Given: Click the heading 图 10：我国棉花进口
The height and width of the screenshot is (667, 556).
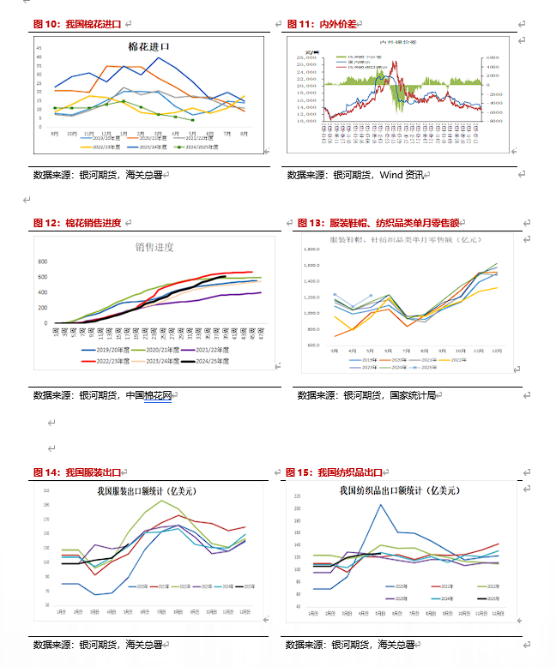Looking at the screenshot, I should tap(76, 24).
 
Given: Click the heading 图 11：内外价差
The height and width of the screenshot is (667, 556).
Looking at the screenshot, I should tap(321, 24).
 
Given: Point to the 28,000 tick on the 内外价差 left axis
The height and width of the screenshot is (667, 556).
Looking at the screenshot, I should tap(305, 60).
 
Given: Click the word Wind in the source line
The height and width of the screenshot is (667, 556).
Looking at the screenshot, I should tap(391, 175).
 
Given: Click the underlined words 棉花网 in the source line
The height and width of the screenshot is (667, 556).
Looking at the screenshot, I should tap(158, 395).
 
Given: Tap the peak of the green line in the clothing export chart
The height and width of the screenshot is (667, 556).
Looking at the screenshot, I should tap(163, 501).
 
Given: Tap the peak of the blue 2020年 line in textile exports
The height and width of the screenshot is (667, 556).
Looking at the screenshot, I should tap(380, 505).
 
